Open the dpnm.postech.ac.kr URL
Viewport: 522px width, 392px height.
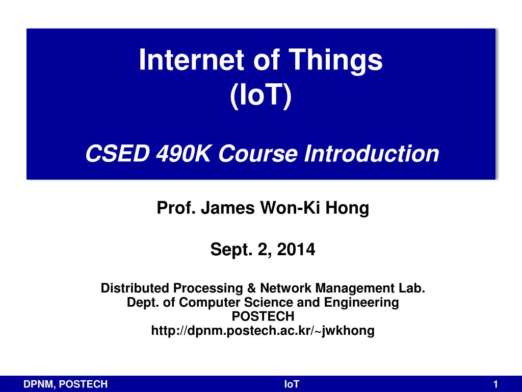click(263, 331)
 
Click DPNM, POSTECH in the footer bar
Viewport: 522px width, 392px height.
click(66, 384)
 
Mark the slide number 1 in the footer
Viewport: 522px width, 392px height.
click(495, 384)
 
